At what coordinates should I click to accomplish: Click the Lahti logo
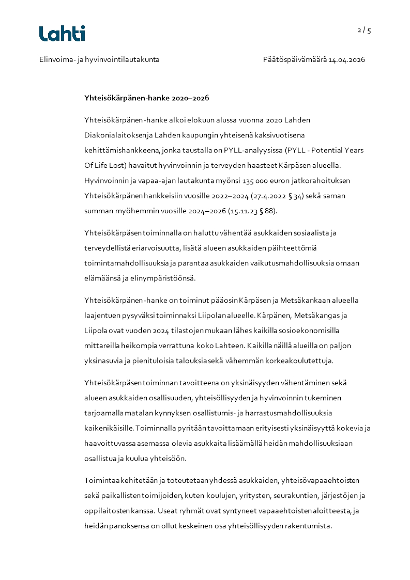coord(62,34)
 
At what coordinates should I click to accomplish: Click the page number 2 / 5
coord(364,30)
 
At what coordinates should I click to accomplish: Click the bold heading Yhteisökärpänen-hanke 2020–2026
coord(146,98)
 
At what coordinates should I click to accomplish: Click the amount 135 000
coord(209,181)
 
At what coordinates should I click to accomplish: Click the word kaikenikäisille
coord(109,428)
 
